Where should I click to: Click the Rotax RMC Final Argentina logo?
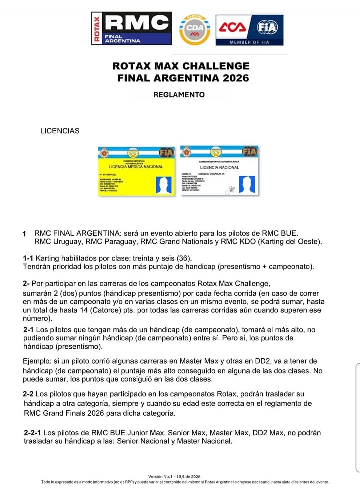(131, 28)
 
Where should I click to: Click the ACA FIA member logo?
(249, 30)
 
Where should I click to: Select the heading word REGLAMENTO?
(179, 95)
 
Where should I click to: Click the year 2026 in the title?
(233, 78)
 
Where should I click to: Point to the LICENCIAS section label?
(60, 131)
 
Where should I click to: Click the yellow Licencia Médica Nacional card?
(136, 171)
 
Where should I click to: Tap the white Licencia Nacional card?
(219, 171)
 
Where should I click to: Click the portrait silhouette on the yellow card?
(163, 184)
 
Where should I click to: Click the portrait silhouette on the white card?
(246, 184)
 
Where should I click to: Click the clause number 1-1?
(28, 258)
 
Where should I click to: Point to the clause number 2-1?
(29, 330)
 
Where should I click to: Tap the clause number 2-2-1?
(33, 433)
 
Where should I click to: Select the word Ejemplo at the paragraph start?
(38, 361)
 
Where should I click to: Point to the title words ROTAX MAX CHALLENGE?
(181, 66)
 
